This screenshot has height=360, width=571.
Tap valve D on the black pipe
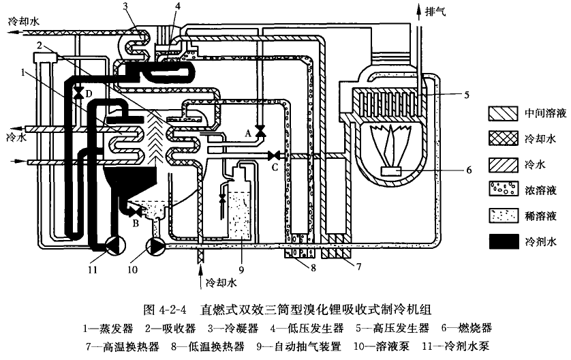tap(79, 93)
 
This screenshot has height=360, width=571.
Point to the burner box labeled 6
tap(391, 170)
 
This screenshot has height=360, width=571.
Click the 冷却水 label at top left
tap(23, 22)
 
